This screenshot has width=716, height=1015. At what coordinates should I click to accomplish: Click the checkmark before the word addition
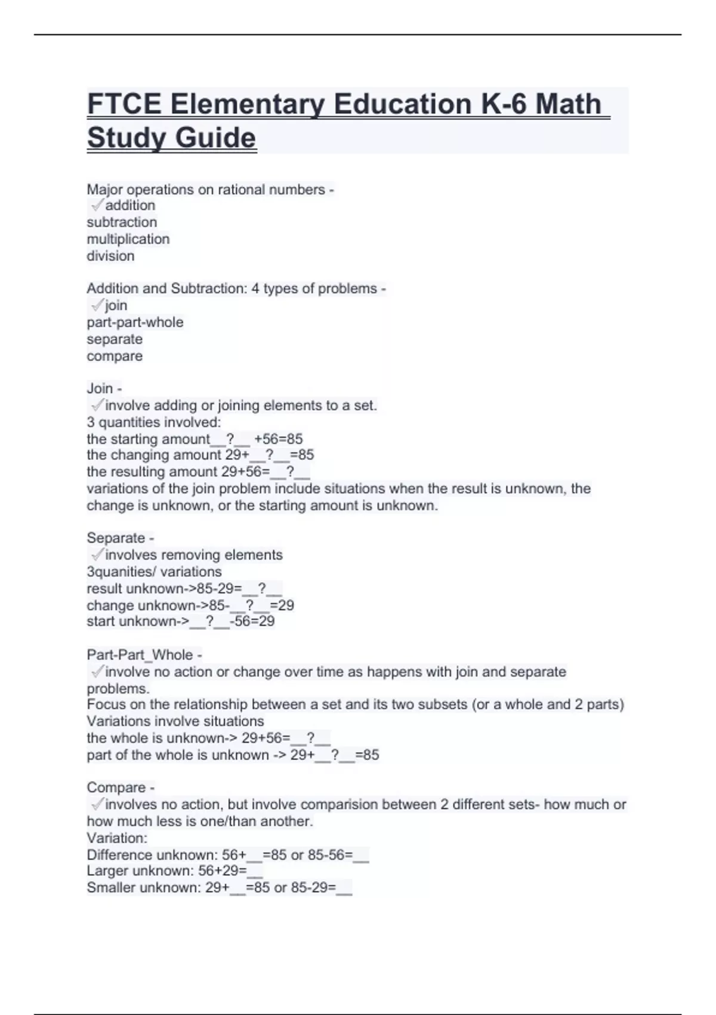tap(97, 205)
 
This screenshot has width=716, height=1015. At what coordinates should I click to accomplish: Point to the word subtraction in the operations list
tap(122, 222)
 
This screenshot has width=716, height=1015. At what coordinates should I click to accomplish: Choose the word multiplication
tap(128, 239)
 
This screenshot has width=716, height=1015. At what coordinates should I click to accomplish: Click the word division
tap(110, 256)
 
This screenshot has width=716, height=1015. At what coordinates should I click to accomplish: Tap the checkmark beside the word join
tap(97, 305)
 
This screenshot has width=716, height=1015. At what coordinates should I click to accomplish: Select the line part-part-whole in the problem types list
tap(135, 322)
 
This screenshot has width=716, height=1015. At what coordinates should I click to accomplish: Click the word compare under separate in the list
tap(115, 356)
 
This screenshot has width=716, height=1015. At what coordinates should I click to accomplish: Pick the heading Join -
tap(104, 388)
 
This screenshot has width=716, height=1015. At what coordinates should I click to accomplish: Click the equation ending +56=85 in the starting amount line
tap(278, 439)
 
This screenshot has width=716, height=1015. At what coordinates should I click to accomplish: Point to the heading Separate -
tap(120, 538)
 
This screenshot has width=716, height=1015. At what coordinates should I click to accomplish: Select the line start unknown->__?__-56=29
tap(181, 622)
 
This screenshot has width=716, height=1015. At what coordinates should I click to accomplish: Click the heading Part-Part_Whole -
tap(144, 655)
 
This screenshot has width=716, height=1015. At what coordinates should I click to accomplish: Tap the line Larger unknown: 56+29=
tap(175, 871)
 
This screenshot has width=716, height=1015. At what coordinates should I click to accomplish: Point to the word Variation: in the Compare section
tap(117, 838)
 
